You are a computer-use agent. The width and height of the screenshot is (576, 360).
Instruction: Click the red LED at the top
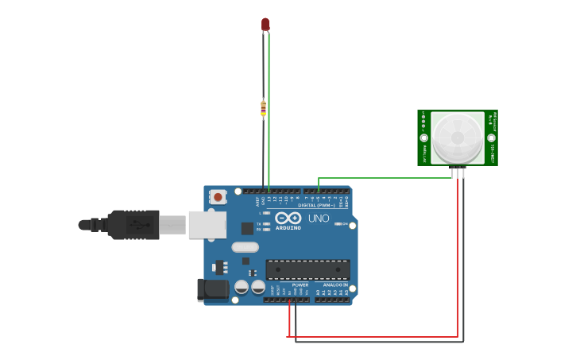click(x=265, y=25)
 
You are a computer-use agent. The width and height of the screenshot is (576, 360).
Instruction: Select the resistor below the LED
click(x=263, y=108)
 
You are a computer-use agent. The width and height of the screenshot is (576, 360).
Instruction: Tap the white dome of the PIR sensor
click(x=458, y=137)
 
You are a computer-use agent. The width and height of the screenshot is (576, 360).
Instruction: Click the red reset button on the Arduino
click(x=218, y=195)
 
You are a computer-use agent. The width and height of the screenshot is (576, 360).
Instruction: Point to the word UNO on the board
click(x=319, y=218)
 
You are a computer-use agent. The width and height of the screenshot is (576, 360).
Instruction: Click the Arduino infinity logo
click(x=288, y=218)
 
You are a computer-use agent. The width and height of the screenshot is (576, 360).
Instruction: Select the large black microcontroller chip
click(x=307, y=269)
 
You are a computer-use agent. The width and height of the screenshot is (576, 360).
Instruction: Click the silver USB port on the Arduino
click(x=207, y=225)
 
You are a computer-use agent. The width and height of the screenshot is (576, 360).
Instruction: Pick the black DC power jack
click(x=213, y=289)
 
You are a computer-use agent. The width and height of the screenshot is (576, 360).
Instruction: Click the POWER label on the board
click(x=300, y=285)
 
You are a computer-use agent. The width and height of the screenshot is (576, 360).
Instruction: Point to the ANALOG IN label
click(x=335, y=285)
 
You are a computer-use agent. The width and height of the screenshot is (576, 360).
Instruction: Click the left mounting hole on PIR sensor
click(x=423, y=137)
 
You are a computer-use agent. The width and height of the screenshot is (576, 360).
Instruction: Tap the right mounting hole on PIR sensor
click(x=491, y=137)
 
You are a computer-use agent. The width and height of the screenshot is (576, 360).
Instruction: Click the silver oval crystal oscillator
click(x=245, y=247)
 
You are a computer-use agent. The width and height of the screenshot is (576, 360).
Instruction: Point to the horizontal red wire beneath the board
click(x=373, y=337)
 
